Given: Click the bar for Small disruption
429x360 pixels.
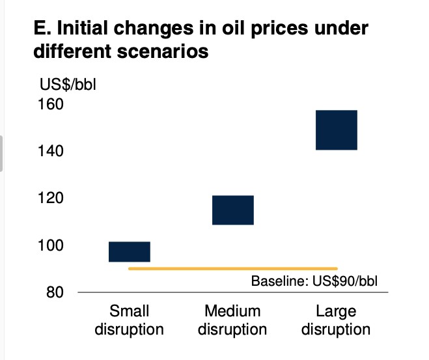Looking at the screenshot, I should (130, 251).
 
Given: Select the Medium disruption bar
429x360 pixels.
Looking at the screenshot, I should (232, 210).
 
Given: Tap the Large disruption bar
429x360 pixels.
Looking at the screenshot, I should (336, 130).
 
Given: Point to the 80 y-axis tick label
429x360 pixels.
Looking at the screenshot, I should (54, 292).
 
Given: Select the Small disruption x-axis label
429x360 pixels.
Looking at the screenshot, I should (129, 320).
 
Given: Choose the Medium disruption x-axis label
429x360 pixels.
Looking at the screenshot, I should (232, 320).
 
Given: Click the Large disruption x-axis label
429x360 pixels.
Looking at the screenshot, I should (336, 320).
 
